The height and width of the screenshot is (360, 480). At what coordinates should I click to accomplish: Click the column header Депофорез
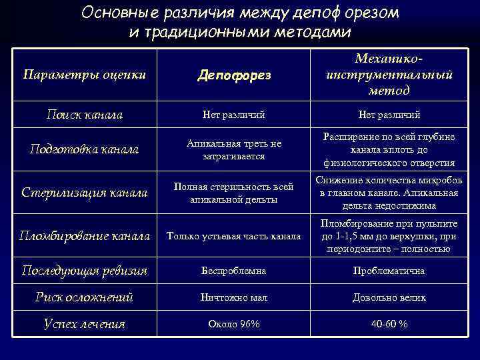234,75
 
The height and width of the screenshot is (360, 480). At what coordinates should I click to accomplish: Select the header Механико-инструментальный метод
389,75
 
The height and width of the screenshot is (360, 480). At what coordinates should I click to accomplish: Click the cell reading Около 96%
234,324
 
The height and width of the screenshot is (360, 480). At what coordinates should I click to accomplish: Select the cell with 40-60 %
389,324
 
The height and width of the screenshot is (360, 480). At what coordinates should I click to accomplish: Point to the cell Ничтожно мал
234,297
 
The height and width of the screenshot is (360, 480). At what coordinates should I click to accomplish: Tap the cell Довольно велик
389,297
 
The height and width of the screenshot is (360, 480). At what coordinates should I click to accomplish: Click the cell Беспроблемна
234,271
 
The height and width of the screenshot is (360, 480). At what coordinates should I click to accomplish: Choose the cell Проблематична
389,271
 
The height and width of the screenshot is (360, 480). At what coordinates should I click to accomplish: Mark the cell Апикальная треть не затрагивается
234,149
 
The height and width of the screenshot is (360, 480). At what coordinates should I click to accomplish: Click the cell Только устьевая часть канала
234,235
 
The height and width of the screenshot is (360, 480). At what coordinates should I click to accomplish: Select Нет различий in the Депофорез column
234,115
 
